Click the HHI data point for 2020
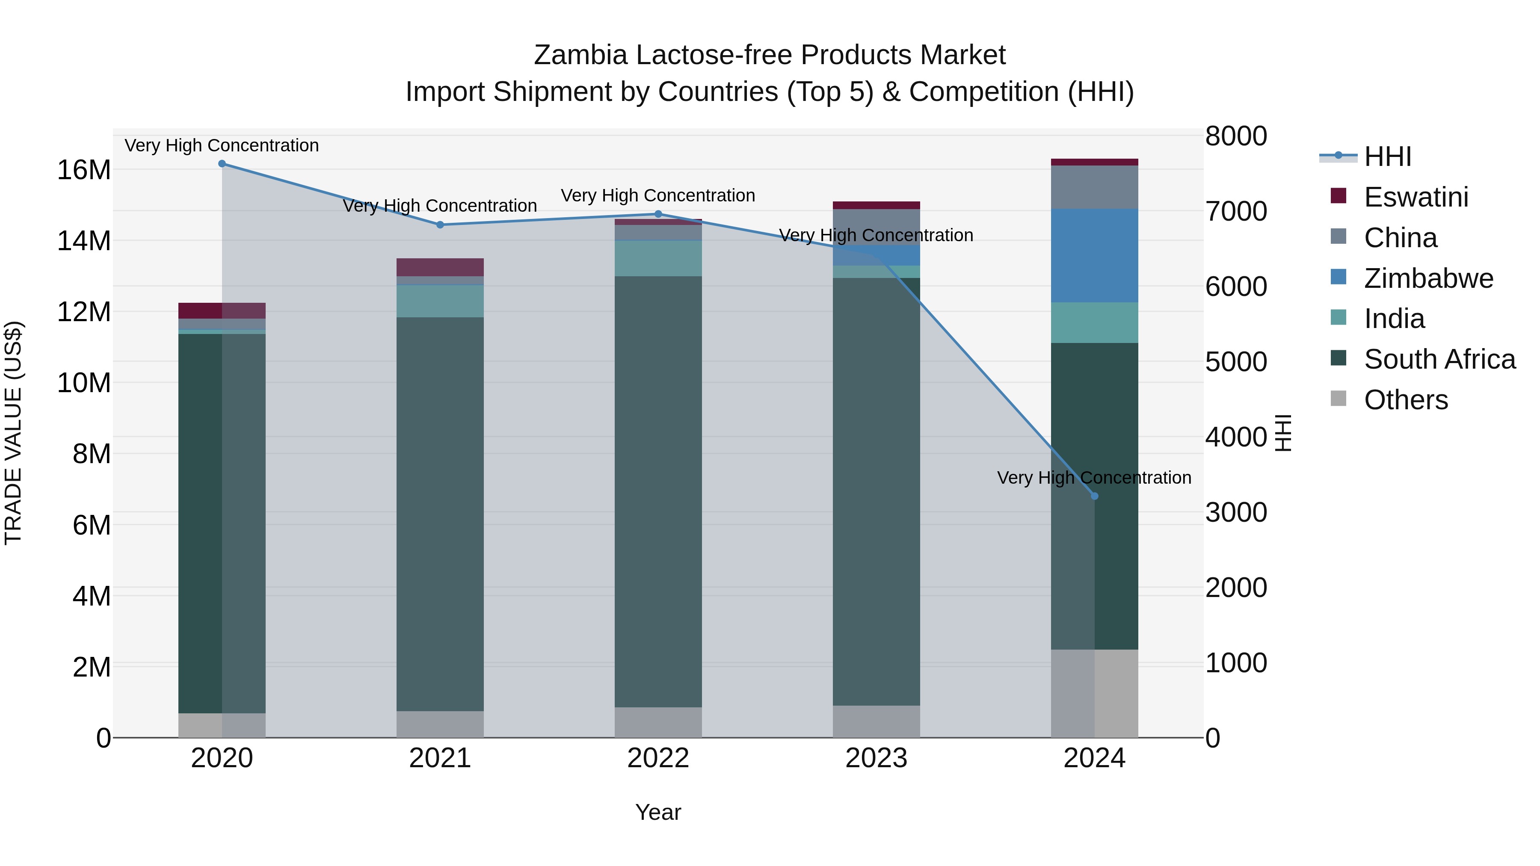(222, 164)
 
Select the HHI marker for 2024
(1095, 496)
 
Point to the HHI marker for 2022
(658, 214)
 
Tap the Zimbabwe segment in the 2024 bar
(1095, 256)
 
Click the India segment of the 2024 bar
(1095, 323)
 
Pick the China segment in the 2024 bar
(1095, 187)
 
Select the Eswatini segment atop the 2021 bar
(440, 267)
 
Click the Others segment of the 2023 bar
(877, 721)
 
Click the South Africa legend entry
(1439, 359)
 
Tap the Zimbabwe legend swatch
(1339, 277)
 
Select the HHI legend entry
(1387, 157)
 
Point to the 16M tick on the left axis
(84, 170)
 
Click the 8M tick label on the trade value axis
(92, 454)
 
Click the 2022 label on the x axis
(658, 758)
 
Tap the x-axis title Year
(658, 812)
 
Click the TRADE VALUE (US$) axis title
(13, 433)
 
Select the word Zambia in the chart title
(580, 55)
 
